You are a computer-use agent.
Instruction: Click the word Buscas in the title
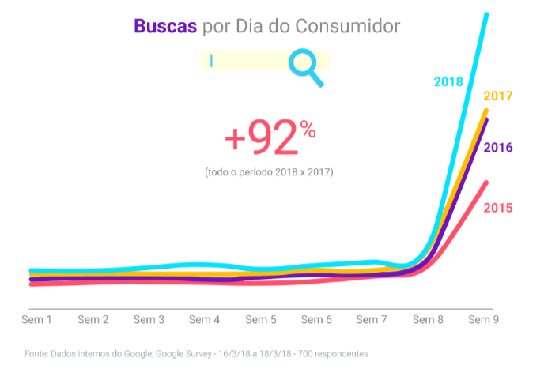(165, 26)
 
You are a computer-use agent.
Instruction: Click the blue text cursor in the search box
(212, 61)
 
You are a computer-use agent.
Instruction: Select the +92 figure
(261, 139)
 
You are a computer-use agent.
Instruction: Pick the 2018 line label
(448, 81)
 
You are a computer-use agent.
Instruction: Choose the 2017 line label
(498, 96)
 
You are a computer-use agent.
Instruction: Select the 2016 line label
(498, 148)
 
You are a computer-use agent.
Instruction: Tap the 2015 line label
(498, 208)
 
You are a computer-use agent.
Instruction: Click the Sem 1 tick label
(36, 320)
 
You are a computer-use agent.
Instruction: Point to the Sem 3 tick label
(149, 320)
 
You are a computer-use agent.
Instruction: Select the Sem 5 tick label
(261, 320)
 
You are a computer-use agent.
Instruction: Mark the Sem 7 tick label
(372, 320)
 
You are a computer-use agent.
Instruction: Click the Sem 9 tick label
(483, 320)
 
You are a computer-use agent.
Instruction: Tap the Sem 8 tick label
(428, 320)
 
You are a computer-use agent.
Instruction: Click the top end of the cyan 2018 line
(486, 15)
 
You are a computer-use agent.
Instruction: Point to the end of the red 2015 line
(485, 183)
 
